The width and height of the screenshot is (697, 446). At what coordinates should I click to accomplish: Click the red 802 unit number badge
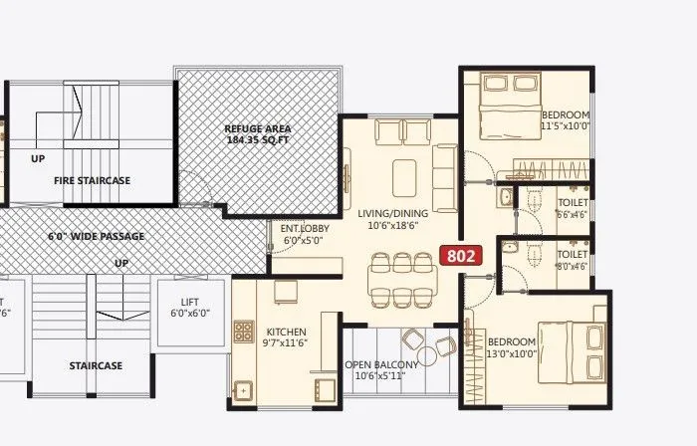[461, 255]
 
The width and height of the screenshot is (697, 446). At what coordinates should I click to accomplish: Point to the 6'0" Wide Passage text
[96, 237]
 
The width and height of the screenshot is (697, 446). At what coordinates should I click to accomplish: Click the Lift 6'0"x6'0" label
[187, 307]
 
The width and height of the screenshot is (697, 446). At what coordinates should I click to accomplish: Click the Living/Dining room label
[394, 220]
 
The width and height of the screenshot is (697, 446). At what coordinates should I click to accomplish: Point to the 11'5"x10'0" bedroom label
[566, 121]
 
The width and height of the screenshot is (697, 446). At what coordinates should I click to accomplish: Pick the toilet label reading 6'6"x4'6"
[573, 208]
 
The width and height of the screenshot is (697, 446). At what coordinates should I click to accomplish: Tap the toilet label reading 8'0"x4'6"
[573, 260]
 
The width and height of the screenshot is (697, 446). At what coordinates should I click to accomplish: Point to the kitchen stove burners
[242, 332]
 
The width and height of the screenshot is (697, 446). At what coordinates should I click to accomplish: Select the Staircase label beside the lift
[96, 365]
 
